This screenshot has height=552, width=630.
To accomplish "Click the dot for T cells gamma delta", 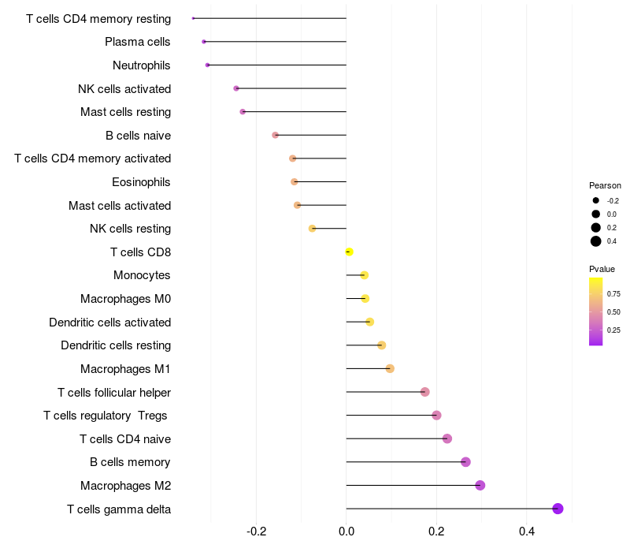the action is click(558, 509).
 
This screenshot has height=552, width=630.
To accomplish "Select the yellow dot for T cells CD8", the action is click(349, 252).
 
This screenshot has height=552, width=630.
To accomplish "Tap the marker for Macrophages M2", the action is click(480, 485).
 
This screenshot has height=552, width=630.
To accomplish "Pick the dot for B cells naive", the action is click(275, 135).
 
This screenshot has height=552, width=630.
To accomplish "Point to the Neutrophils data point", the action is click(207, 65).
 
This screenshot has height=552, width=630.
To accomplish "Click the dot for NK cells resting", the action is click(312, 229).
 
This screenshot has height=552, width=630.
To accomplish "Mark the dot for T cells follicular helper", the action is click(425, 392).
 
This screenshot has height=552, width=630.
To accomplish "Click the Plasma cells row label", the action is click(137, 42).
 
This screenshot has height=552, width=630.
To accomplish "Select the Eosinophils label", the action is click(141, 182).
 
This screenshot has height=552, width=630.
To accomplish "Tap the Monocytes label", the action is click(142, 275).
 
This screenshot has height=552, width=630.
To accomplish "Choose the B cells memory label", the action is click(130, 462).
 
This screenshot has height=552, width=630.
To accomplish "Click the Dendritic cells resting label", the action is click(116, 345).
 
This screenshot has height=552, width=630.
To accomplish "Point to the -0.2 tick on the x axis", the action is click(257, 531).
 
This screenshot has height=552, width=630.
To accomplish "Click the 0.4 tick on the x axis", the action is click(527, 531).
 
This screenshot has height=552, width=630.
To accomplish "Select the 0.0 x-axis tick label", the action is click(346, 531).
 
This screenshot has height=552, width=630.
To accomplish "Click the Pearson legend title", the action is click(605, 185).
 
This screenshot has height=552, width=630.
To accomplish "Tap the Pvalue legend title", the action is click(602, 269).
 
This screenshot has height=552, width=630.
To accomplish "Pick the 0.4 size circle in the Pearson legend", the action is click(596, 241).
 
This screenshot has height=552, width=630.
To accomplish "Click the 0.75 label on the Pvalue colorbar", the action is click(613, 293).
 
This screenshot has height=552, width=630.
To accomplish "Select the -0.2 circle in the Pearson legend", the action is click(596, 200).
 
